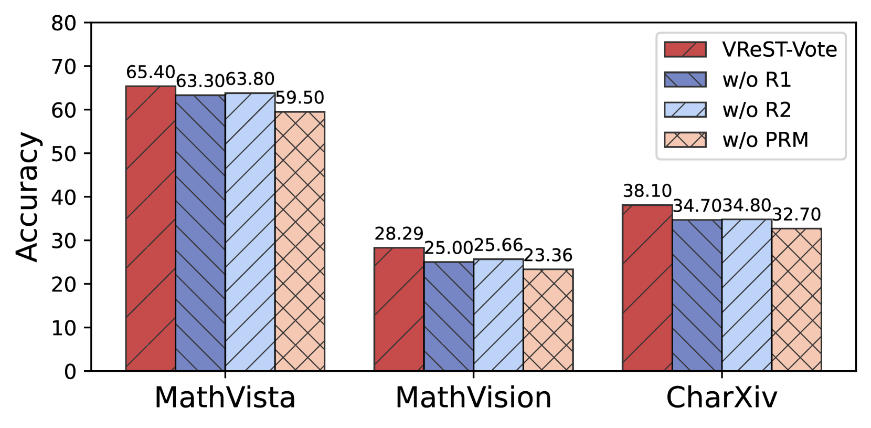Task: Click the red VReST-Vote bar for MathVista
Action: click(x=151, y=228)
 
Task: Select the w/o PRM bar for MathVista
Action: click(x=300, y=241)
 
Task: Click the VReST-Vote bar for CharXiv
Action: click(x=647, y=288)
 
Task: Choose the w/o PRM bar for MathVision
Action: click(x=548, y=320)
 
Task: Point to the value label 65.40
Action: click(x=151, y=72)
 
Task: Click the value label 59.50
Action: click(x=300, y=98)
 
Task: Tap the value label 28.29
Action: click(x=399, y=234)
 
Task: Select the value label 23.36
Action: click(x=548, y=256)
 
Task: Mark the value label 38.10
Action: click(x=647, y=191)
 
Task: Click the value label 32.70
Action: click(x=796, y=215)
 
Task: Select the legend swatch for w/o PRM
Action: click(x=685, y=140)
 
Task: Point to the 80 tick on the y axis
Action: click(x=63, y=23)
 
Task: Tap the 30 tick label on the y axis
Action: click(x=63, y=241)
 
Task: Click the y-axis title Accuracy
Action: click(x=27, y=197)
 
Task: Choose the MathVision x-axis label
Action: click(x=473, y=398)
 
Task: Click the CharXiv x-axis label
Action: click(x=721, y=398)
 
